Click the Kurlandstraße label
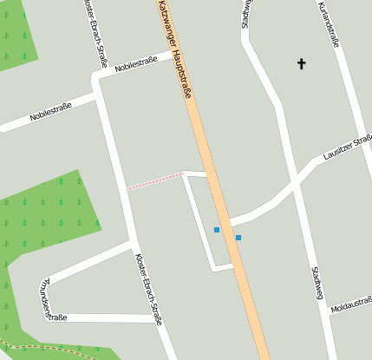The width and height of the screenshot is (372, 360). coord(328,25)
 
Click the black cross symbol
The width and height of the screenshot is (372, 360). coord(302,63)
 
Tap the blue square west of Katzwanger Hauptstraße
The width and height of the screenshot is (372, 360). coord(217,230)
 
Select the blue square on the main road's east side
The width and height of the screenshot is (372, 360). coord(238,237)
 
